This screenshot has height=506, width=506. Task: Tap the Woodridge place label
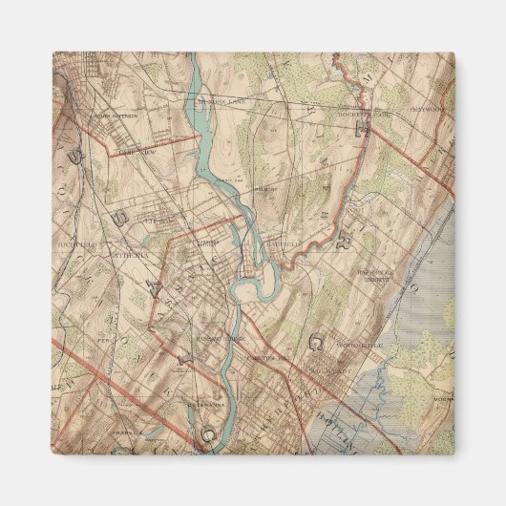(361, 338)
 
